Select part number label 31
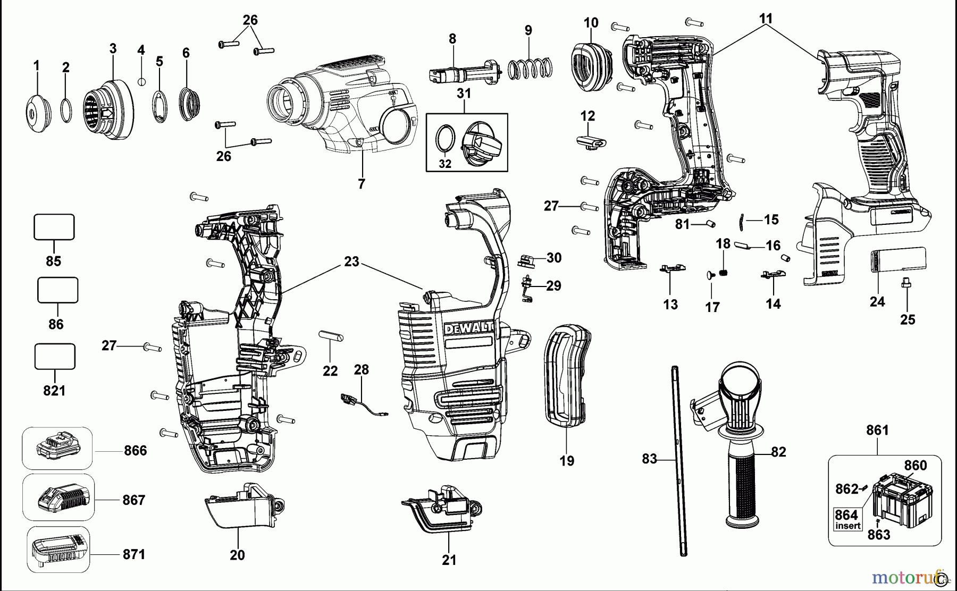(x=464, y=94)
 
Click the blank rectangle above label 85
(x=54, y=227)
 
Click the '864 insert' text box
(x=847, y=519)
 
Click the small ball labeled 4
(x=141, y=81)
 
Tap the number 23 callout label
(x=351, y=261)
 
